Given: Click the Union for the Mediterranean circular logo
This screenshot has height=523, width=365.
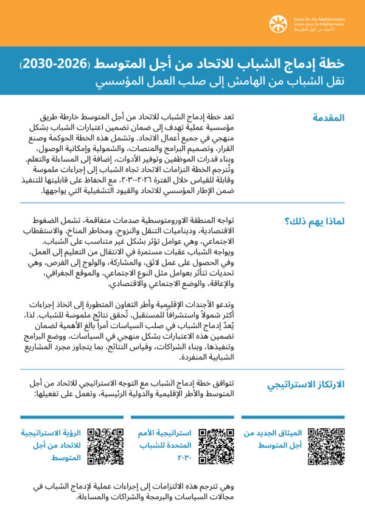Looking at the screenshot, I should pyautogui.click(x=279, y=24).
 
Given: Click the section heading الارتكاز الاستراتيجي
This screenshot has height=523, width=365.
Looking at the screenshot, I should pyautogui.click(x=306, y=384).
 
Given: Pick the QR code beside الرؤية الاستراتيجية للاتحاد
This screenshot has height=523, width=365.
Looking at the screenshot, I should pyautogui.click(x=105, y=446).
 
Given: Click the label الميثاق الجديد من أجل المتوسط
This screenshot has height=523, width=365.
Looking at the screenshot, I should pyautogui.click(x=274, y=440).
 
